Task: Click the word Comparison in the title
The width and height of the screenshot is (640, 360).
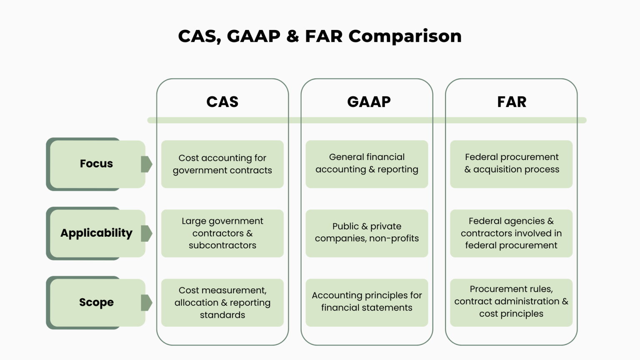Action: [x=405, y=37]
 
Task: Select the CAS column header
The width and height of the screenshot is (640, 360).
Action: [x=222, y=102]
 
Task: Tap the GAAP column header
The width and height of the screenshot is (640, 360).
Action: [x=369, y=102]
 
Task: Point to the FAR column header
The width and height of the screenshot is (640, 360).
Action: [x=512, y=102]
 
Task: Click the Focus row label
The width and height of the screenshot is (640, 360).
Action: [x=96, y=164]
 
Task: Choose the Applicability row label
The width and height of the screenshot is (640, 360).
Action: [x=96, y=233]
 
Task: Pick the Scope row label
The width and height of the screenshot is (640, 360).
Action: [x=96, y=302]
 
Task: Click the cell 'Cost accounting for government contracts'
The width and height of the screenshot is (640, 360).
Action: [x=222, y=164]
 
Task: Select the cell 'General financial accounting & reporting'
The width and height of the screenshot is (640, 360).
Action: [x=367, y=163]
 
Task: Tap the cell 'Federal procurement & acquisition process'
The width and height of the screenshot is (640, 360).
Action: [x=511, y=163]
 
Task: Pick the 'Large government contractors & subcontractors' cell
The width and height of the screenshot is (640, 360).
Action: [x=222, y=233]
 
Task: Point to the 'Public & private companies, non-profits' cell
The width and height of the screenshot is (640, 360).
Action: [x=367, y=232]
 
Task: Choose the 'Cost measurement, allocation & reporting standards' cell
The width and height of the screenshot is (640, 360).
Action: [x=222, y=302]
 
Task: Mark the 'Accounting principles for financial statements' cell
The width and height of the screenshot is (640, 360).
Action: [x=367, y=302]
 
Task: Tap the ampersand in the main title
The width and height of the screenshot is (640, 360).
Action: [x=292, y=37]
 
